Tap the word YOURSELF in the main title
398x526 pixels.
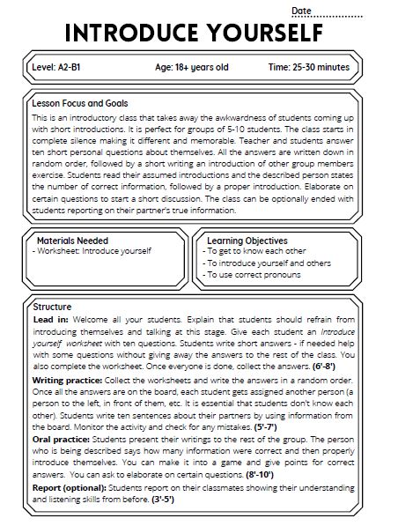[x=267, y=33]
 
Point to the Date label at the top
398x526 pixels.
[x=302, y=11]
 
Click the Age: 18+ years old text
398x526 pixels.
[x=191, y=68]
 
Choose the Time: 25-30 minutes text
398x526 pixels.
[x=308, y=68]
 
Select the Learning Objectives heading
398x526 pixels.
[x=247, y=240]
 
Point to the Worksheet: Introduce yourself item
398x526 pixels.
[x=92, y=251]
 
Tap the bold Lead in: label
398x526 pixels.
[x=54, y=318]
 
